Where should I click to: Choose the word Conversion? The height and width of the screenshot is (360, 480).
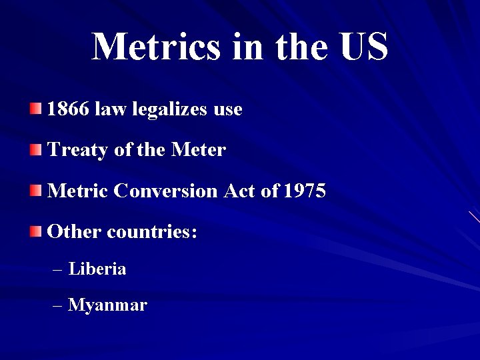pyautogui.click(x=166, y=191)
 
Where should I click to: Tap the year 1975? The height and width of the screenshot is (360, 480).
pyautogui.click(x=305, y=191)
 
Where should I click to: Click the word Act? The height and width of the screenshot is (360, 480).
pyautogui.click(x=240, y=191)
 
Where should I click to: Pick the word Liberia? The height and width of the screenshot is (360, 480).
pyautogui.click(x=97, y=269)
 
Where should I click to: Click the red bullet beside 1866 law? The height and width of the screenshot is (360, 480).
pyautogui.click(x=36, y=109)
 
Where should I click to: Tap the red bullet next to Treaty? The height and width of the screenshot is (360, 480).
pyautogui.click(x=36, y=150)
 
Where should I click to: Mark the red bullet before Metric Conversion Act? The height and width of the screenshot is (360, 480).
pyautogui.click(x=36, y=191)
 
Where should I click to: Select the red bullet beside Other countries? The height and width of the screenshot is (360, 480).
pyautogui.click(x=36, y=233)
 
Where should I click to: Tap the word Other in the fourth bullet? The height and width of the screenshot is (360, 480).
pyautogui.click(x=74, y=233)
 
